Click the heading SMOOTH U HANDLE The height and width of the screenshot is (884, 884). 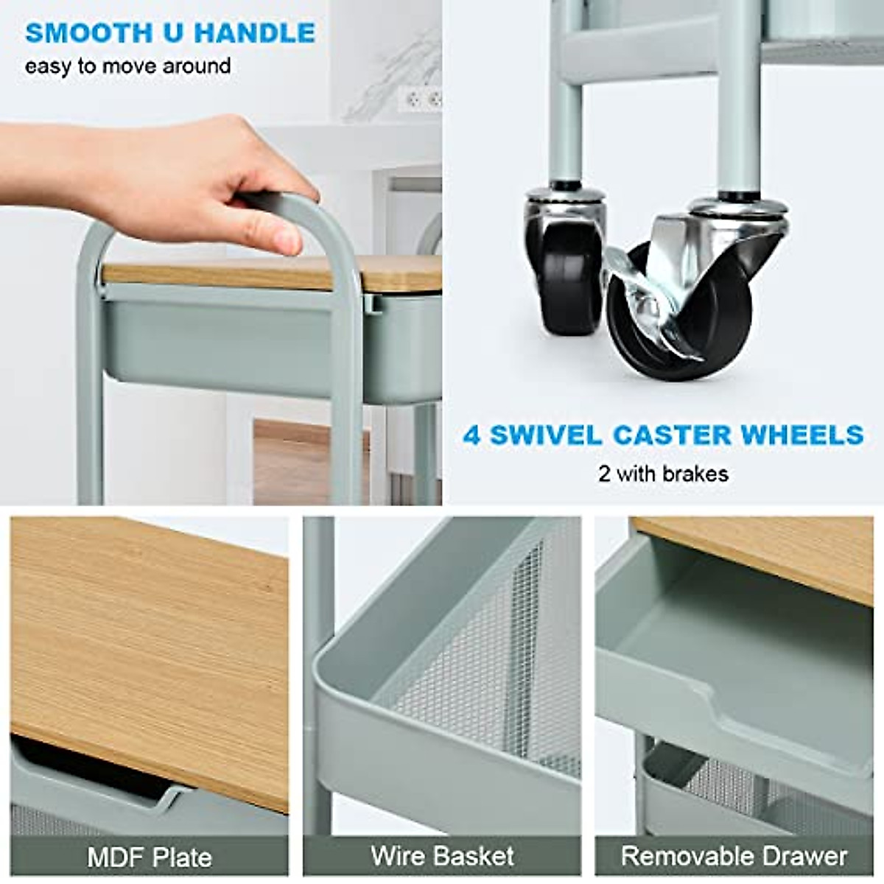[170, 33]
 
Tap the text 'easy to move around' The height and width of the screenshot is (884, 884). [127, 66]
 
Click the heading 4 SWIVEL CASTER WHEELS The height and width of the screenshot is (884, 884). [663, 435]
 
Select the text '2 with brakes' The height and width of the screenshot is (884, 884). [663, 473]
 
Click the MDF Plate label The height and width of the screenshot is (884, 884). [150, 857]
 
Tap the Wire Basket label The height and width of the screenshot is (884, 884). [442, 856]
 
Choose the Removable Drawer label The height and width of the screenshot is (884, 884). [734, 856]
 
